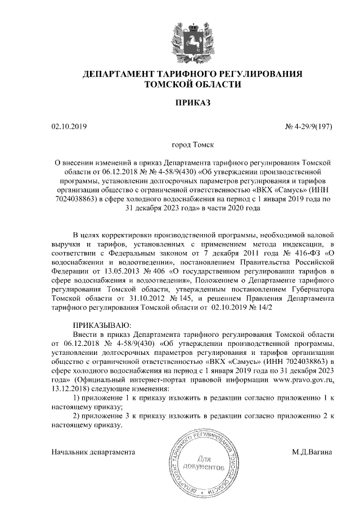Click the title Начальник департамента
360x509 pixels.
pyautogui.click(x=93, y=452)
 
